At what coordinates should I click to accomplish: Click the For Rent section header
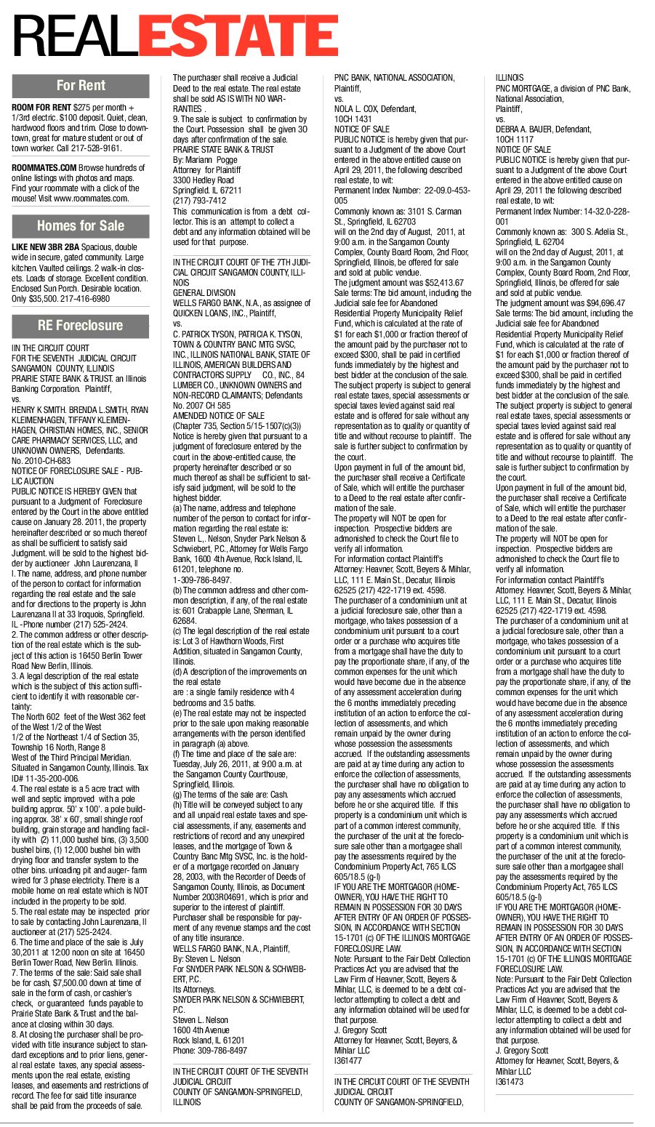tap(81, 85)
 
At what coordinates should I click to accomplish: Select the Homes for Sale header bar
tap(81, 225)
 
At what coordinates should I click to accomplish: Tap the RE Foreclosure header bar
tap(81, 325)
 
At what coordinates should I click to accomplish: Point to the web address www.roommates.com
tap(95, 198)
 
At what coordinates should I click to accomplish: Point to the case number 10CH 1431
tap(353, 119)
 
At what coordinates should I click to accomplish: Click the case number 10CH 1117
tap(515, 139)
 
